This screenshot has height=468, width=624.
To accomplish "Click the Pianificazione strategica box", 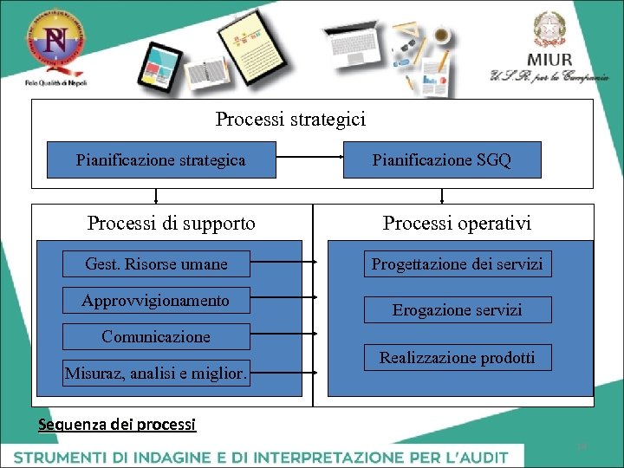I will pos(161,160).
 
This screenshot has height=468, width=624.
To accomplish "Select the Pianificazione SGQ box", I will pos(442,160).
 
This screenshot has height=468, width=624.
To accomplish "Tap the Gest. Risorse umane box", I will pos(156,264).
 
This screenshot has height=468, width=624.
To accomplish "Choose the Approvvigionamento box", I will pos(156,301).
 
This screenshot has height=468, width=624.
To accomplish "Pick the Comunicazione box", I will pos(156,336).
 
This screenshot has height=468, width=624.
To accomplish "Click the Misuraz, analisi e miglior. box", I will pos(156,374).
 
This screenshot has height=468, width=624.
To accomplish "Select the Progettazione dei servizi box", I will pos(457,264).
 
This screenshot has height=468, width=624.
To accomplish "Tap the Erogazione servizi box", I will pos(457,310).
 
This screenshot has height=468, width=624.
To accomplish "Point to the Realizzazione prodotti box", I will pos(457,357).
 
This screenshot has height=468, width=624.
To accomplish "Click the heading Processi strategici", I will pos(290,119).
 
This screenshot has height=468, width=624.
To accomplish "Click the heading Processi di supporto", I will pos(172,224).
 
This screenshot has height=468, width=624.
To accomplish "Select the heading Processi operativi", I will pos(457,224).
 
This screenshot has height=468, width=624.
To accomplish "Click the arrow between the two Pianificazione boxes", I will pos(309,158).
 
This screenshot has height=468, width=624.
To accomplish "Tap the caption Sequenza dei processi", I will pos(118,425).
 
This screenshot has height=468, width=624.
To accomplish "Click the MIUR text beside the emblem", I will pos(549,59).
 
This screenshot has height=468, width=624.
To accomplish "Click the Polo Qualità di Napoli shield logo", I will pos(55,45).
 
